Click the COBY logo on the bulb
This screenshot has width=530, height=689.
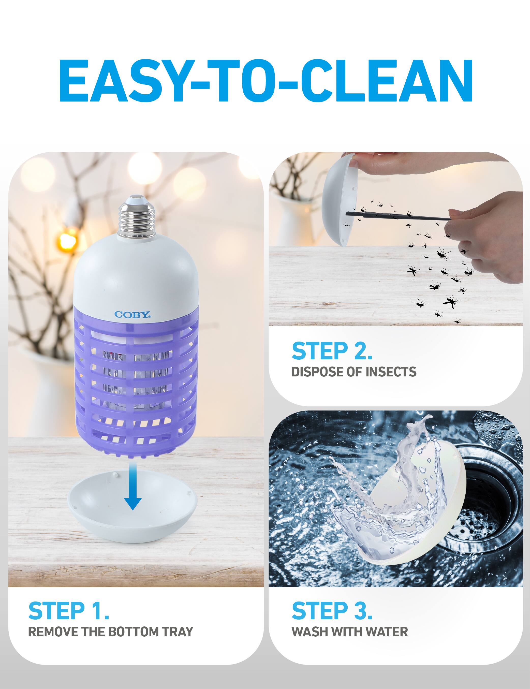132,315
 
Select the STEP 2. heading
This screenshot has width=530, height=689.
332,351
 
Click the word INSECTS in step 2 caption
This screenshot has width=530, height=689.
391,372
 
